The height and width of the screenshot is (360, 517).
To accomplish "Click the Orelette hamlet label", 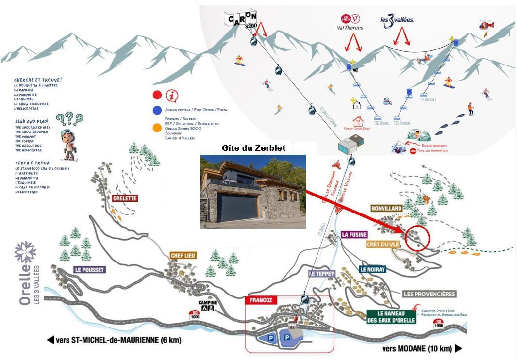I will point(125,198).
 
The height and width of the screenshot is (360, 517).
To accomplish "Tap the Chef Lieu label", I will point(183,255).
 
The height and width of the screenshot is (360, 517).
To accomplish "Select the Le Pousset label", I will point(89,269).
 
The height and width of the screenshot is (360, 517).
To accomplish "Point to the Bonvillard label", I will point(387,209).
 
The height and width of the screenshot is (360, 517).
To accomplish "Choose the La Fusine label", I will point(354,235).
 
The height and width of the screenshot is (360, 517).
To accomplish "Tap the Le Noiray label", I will point(372,269).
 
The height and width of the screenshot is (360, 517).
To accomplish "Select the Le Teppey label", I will point(322,274).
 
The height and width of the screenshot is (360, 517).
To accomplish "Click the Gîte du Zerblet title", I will point(253,148).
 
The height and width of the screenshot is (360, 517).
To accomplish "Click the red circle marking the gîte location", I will point(417,238).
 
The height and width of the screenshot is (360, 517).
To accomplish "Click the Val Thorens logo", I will point(350,21).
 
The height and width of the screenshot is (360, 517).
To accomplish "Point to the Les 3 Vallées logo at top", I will point(397,21).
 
